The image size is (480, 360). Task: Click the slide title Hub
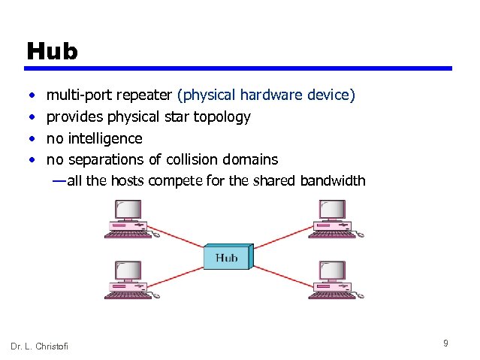click(52, 51)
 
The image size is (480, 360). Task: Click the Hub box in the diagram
click(228, 259)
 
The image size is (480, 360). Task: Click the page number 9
click(445, 343)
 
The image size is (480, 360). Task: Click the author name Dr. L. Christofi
click(39, 346)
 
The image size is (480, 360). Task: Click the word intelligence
click(104, 138)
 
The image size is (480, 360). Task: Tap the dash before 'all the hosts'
click(59, 180)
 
